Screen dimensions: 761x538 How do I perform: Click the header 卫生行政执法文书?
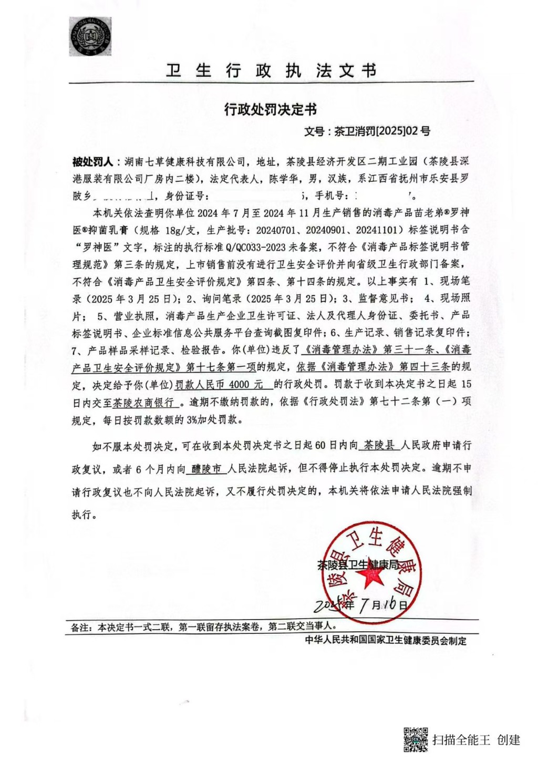(271, 70)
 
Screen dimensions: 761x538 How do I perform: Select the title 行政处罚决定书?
(271, 110)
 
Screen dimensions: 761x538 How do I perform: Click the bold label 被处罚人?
(92, 161)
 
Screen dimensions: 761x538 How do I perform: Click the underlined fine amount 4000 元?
(246, 385)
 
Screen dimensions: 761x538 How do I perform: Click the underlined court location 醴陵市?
(206, 469)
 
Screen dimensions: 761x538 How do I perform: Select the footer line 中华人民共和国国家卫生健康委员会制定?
(385, 641)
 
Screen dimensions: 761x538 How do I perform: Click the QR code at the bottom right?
(416, 739)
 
